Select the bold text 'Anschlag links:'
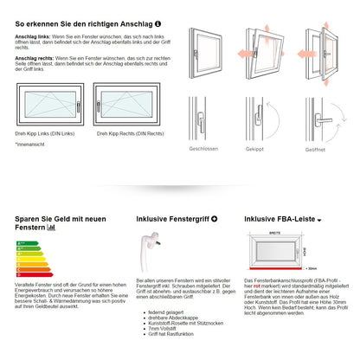32,37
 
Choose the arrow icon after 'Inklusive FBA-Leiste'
319,221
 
